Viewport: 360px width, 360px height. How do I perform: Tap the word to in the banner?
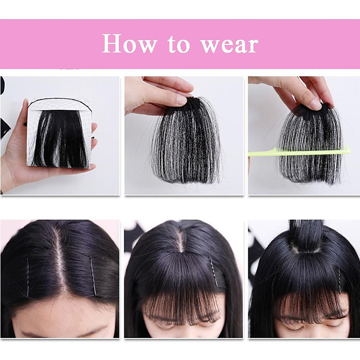pyautogui.click(x=179, y=44)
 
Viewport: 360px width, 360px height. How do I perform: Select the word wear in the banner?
pyautogui.click(x=230, y=46)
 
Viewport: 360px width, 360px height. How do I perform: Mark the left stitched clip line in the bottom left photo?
pyautogui.click(x=28, y=278)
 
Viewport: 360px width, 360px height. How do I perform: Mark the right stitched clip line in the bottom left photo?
pyautogui.click(x=93, y=276)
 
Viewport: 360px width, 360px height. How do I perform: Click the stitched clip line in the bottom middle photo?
pyautogui.click(x=213, y=271)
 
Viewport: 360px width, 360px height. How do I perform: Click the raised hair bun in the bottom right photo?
pyautogui.click(x=306, y=237)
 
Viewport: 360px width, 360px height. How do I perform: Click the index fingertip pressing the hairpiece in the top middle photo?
pyautogui.click(x=182, y=99)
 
